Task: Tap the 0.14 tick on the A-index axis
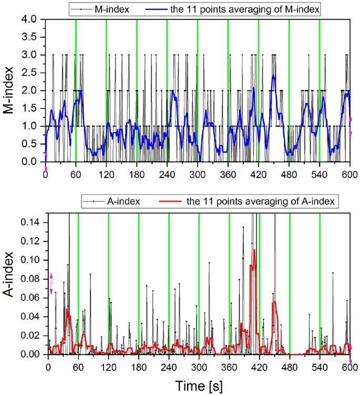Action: point(33,222)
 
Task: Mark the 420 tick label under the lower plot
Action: point(259,367)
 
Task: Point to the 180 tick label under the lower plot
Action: point(138,367)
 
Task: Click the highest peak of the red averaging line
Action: point(254,250)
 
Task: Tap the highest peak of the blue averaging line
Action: point(274,76)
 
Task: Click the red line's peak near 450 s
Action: point(274,301)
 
